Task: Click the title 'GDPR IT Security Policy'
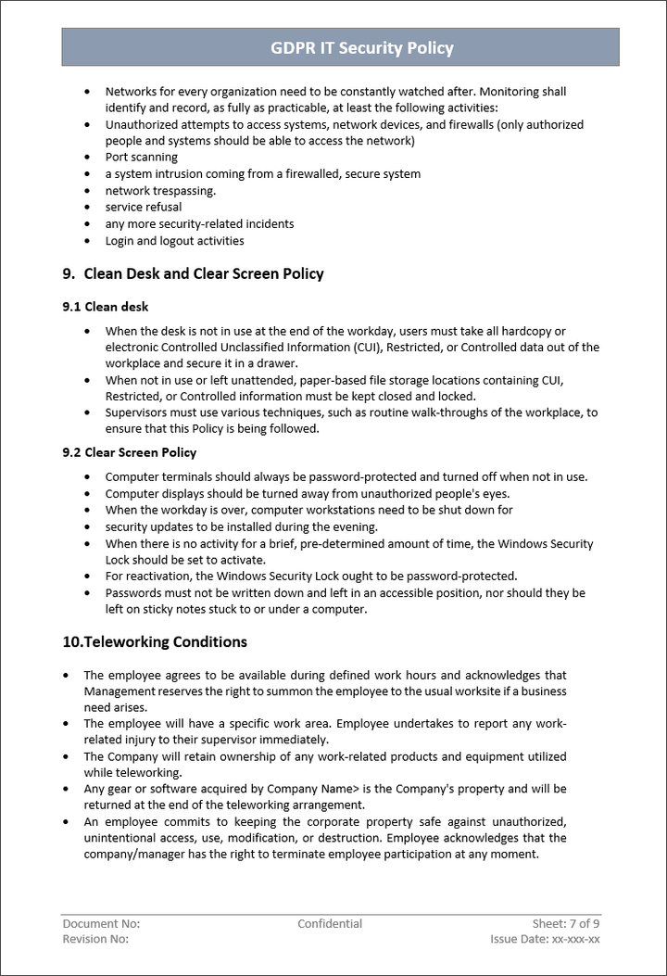point(362,48)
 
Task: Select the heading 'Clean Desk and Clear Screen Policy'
point(204,273)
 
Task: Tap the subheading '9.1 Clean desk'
point(105,307)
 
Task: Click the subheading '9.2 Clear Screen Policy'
point(130,452)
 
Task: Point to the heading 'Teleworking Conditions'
point(165,641)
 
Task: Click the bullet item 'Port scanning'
point(142,158)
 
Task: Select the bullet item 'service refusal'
point(144,208)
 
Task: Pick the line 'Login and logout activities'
point(174,241)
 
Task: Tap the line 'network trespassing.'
point(160,191)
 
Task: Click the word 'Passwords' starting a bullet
point(134,593)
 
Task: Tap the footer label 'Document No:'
point(101,924)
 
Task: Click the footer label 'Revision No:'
point(95,940)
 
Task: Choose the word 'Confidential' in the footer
point(330,924)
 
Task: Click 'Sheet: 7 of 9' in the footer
point(566,924)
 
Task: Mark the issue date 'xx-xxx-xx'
point(576,940)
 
